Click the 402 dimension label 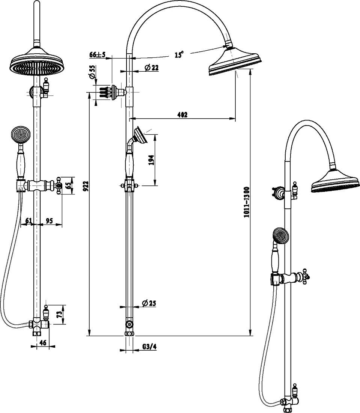coord(182,115)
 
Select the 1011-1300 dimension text coord(247,202)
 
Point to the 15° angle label coord(179,54)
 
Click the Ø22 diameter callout coord(152,68)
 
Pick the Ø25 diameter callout coord(149,303)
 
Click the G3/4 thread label coord(149,347)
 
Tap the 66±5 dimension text coord(98,54)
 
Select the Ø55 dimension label coord(92,72)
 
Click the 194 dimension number coord(151,160)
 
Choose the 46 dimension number coord(43,343)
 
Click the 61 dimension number coord(29,220)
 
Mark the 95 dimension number coord(50,220)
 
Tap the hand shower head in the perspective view coord(281,236)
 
